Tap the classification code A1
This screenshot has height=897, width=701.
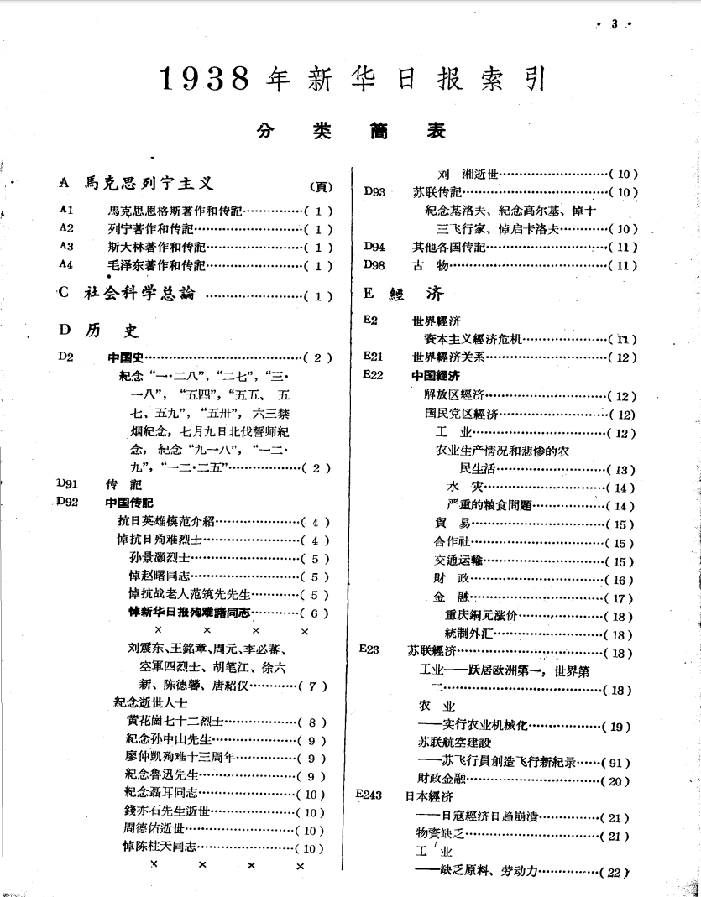(x=67, y=211)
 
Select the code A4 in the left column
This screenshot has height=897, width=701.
(x=67, y=264)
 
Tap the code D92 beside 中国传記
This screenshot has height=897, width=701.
(x=67, y=502)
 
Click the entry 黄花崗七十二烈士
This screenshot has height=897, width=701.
(x=175, y=721)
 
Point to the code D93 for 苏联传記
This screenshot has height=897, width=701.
(x=374, y=192)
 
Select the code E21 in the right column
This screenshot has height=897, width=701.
(x=373, y=357)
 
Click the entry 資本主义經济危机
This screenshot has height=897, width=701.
(x=473, y=339)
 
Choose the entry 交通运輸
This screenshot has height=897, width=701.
(x=458, y=561)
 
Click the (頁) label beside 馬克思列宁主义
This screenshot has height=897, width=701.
(x=322, y=186)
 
